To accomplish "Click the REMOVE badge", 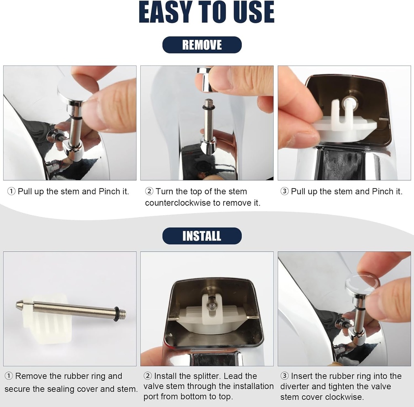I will coord(202,45).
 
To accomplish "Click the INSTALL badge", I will coord(202,236).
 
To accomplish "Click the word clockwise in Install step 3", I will coord(344,397).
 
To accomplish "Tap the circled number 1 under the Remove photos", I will coord(11,191).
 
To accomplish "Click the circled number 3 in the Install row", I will coord(285,376).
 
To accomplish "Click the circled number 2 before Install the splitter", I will coord(148,376).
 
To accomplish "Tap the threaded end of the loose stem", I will coord(122,314).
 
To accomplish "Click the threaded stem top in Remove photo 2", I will coord(209,103).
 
